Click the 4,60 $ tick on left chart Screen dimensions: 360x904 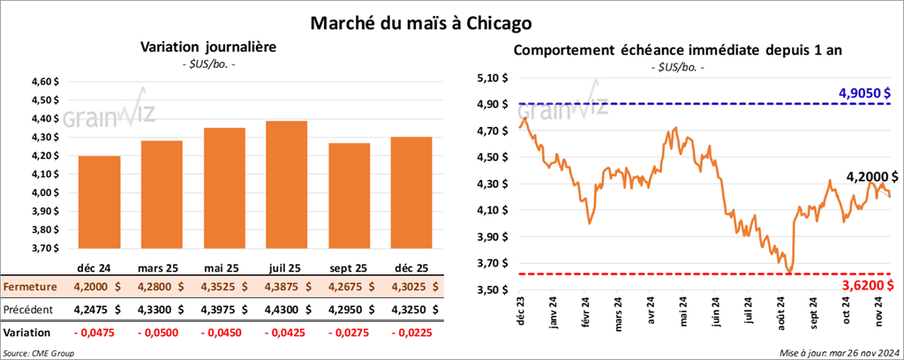[x=43, y=81]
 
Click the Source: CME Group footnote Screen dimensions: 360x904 [x=38, y=353]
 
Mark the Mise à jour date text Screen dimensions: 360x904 [x=839, y=353]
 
